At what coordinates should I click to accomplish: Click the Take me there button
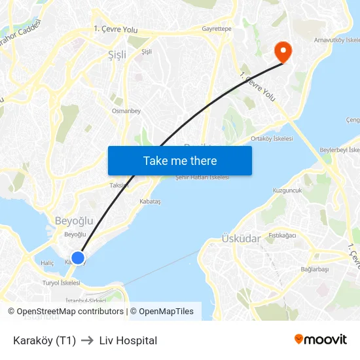pyautogui.click(x=180, y=160)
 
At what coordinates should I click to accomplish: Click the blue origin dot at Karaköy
pyautogui.click(x=78, y=258)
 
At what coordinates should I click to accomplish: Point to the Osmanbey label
pyautogui.click(x=126, y=111)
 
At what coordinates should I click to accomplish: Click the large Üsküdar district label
pyautogui.click(x=242, y=239)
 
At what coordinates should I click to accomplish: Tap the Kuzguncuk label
pyautogui.click(x=287, y=190)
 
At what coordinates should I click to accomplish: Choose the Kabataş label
pyautogui.click(x=150, y=202)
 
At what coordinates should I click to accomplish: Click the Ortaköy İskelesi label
pyautogui.click(x=272, y=139)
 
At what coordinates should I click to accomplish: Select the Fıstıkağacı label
pyautogui.click(x=282, y=235)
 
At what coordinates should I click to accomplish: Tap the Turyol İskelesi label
pyautogui.click(x=61, y=283)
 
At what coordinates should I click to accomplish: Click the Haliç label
pyautogui.click(x=47, y=263)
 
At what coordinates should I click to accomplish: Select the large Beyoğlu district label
pyautogui.click(x=71, y=221)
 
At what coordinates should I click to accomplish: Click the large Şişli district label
pyautogui.click(x=117, y=55)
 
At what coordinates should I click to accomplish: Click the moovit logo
pyautogui.click(x=321, y=340)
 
